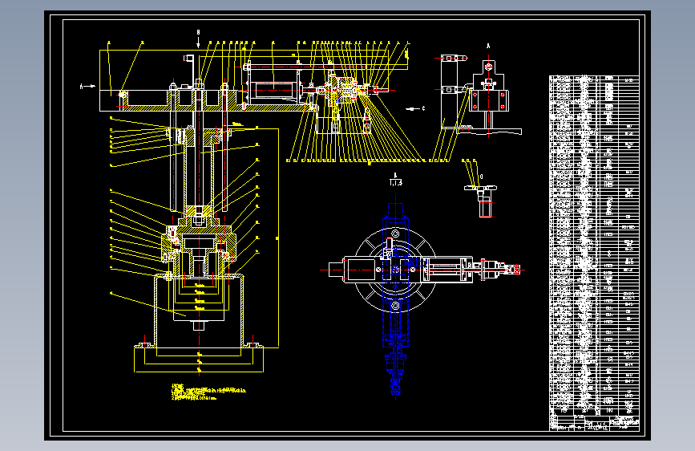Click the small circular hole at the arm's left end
pyautogui.click(x=123, y=95)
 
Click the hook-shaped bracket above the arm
pyautogui.click(x=190, y=62)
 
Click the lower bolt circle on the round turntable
pyautogui.click(x=394, y=306)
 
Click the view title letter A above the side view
pyautogui.click(x=487, y=46)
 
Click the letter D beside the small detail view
pyautogui.click(x=481, y=176)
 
